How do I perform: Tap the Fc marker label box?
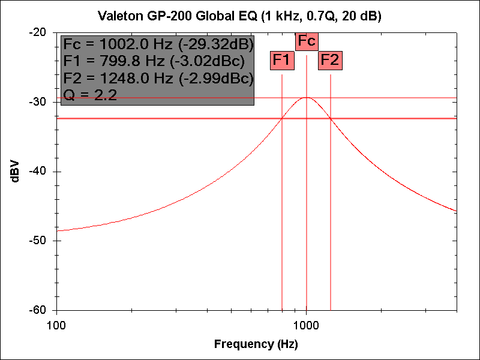(307, 41)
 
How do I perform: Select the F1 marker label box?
(282, 60)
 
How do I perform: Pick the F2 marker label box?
(330, 60)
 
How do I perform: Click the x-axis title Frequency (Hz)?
(256, 344)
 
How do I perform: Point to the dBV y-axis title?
(16, 171)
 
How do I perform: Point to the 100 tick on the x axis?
(56, 323)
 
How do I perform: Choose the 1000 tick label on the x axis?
(307, 323)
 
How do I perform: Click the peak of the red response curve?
(307, 97)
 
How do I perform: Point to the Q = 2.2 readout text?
(90, 95)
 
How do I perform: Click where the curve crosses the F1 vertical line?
(282, 118)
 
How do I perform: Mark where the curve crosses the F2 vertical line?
(331, 118)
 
